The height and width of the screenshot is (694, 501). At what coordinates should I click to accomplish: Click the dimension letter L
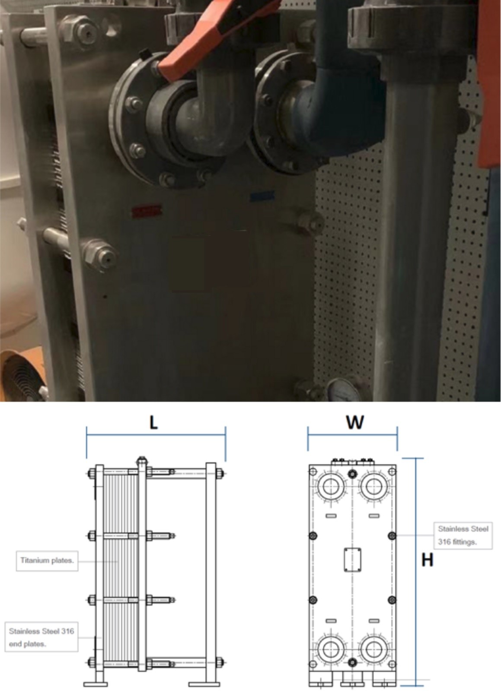click(x=153, y=422)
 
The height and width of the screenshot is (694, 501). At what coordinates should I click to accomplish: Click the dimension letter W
click(x=354, y=422)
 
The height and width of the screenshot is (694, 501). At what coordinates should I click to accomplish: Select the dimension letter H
click(x=427, y=560)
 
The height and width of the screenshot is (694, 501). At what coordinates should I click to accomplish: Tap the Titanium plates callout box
click(x=47, y=561)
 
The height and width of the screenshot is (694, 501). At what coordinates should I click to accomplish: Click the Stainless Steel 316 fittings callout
click(x=463, y=535)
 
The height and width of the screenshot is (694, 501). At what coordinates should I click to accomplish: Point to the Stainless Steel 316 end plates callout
click(x=41, y=637)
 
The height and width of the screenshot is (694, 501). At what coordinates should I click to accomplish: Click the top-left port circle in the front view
click(x=331, y=487)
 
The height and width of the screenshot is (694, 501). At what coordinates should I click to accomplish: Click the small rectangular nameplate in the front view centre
click(x=352, y=560)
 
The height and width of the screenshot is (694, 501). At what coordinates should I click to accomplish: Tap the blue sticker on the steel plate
click(x=262, y=196)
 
